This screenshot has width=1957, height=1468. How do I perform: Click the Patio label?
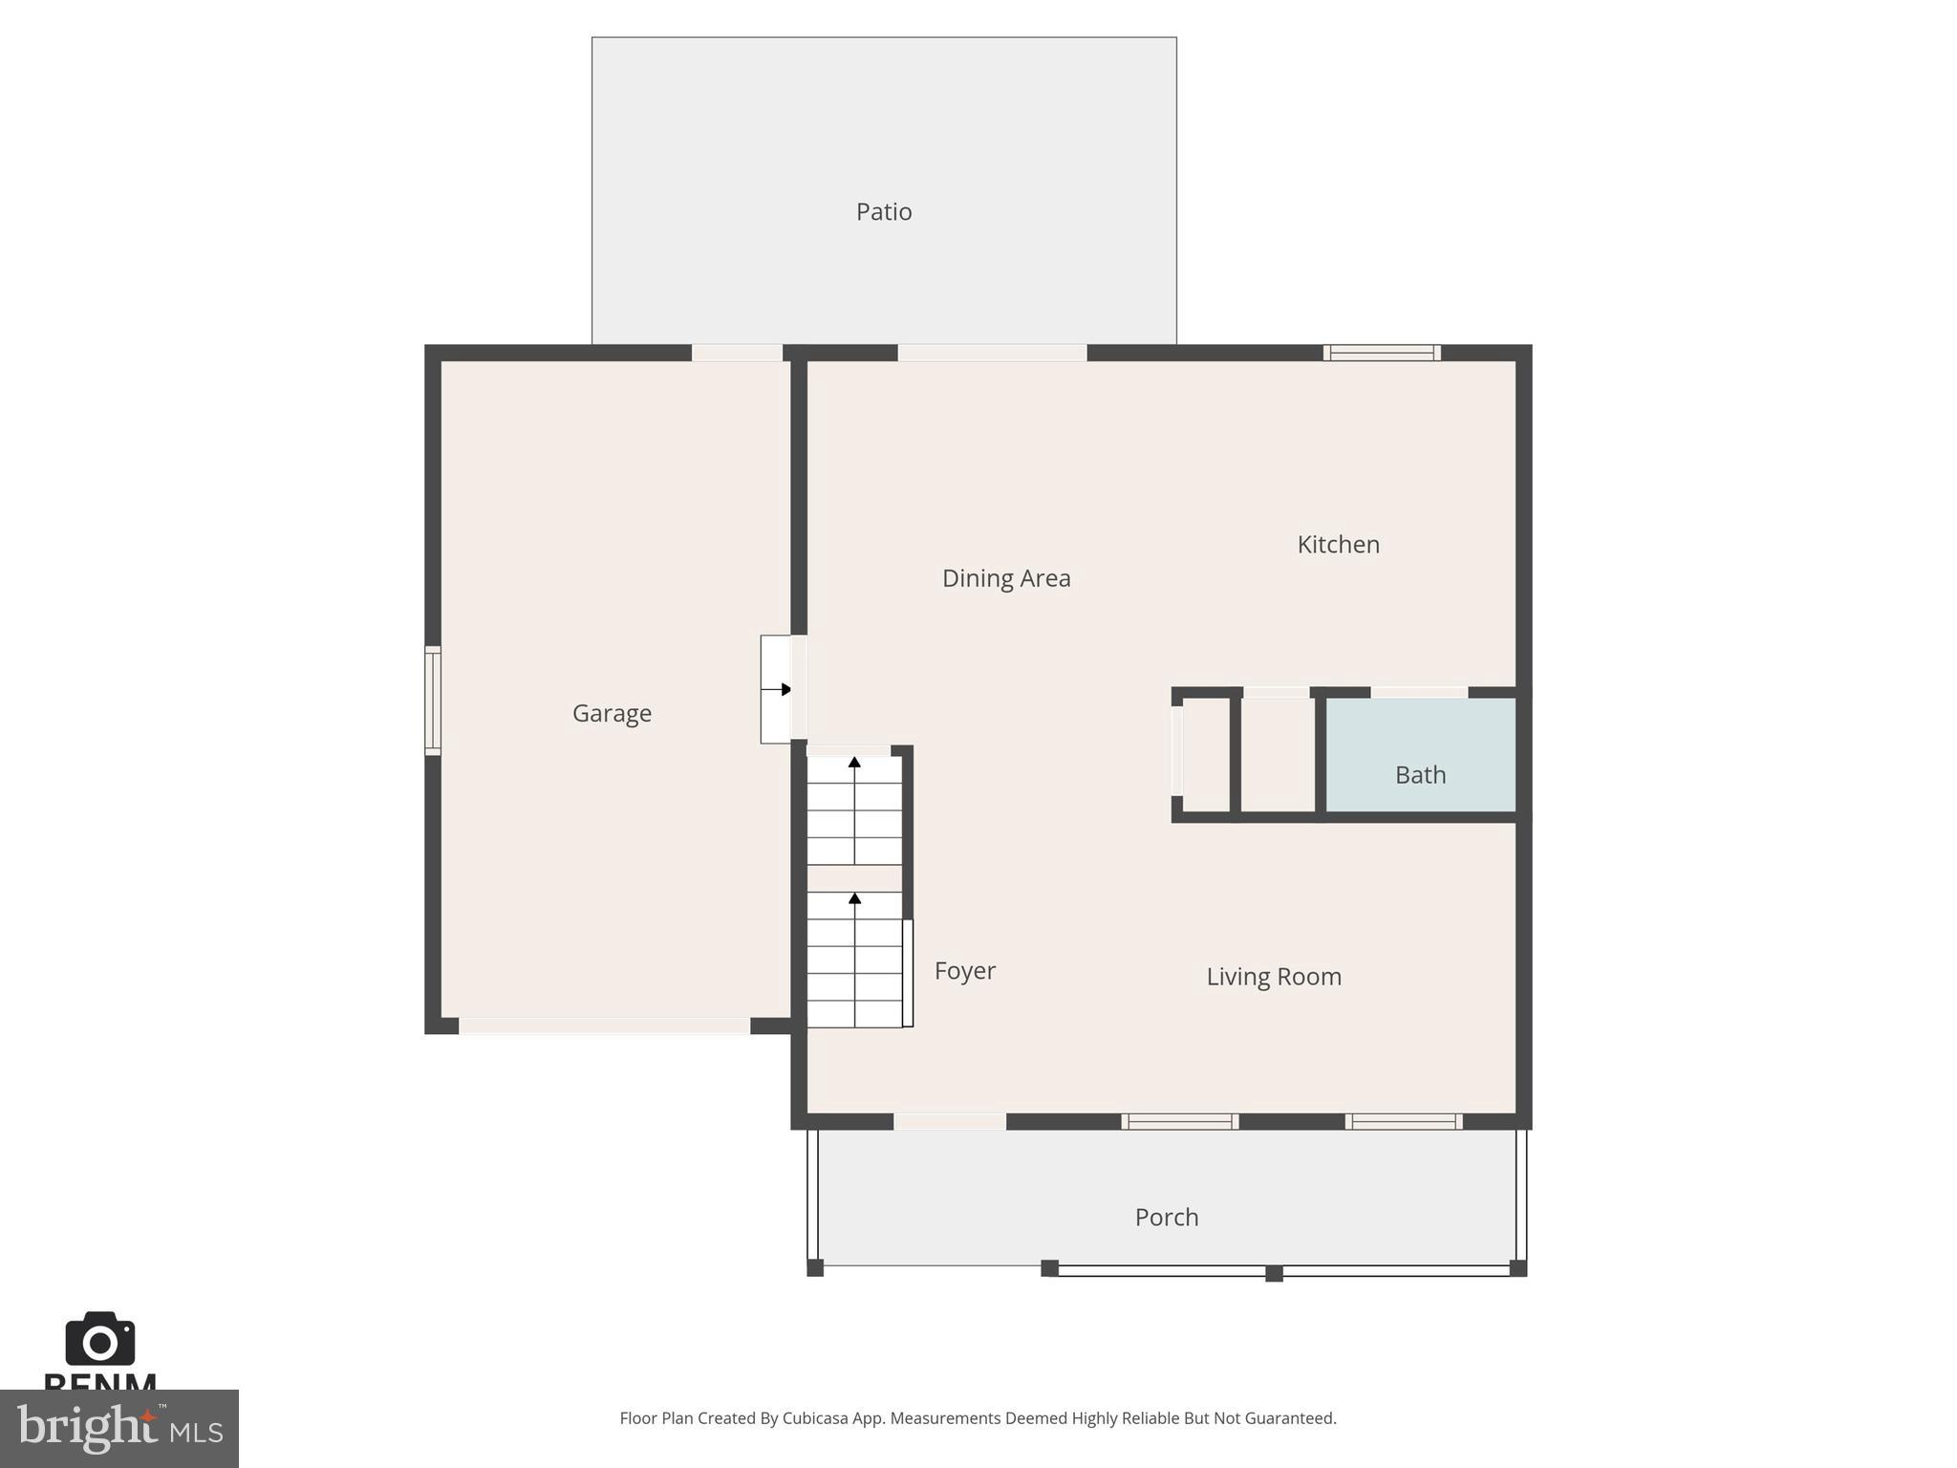tap(883, 211)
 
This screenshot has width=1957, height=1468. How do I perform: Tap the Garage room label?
tap(612, 713)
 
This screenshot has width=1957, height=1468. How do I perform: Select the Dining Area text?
tap(1005, 578)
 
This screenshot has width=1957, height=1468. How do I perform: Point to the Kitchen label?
tap(1337, 545)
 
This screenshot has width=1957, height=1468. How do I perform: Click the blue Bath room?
tap(1420, 755)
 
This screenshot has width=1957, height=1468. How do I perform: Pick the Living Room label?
tap(1273, 977)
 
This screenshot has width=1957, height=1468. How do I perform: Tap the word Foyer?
tap(964, 971)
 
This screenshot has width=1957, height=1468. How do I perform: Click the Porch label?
tap(1166, 1218)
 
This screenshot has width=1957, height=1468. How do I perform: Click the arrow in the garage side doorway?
tap(785, 689)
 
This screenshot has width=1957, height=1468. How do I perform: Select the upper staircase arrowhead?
tap(854, 762)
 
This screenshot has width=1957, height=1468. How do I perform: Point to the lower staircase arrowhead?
tap(854, 898)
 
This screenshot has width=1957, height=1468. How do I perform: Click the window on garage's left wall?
tap(433, 701)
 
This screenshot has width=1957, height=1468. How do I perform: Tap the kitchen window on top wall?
tap(1382, 353)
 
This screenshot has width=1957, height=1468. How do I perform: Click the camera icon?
tap(99, 1340)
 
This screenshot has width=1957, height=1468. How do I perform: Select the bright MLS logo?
tap(118, 1429)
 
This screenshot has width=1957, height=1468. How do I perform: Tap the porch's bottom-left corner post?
tap(815, 1268)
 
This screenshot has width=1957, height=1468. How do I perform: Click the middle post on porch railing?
tap(1273, 1273)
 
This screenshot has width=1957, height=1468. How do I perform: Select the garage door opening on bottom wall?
tap(604, 1026)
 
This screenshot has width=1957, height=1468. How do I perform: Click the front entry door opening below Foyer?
tap(949, 1122)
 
